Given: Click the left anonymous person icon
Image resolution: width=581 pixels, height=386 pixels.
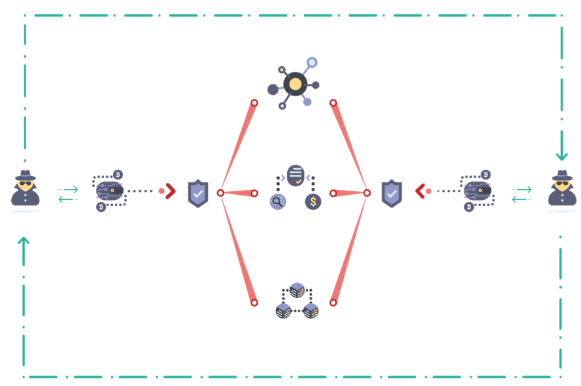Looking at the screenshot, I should click(26, 188).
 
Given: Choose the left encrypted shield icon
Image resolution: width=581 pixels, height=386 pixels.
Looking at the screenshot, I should click(198, 194).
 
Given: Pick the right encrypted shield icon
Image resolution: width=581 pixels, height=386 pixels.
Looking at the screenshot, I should click(391, 194).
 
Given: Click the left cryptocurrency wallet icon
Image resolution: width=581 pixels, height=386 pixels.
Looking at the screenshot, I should click(110, 191).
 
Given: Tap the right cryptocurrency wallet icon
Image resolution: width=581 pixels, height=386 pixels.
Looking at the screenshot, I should click(477, 191).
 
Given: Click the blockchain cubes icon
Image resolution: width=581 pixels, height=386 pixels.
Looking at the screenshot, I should click(297, 301).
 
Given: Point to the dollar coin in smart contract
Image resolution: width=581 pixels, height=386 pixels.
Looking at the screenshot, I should click(313, 202).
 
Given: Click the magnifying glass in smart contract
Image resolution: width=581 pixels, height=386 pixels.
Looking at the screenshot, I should click(277, 202).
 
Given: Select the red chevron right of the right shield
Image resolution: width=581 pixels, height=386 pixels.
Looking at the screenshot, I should click(420, 191).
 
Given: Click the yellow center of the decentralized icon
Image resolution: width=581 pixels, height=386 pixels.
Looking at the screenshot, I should click(295, 84).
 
